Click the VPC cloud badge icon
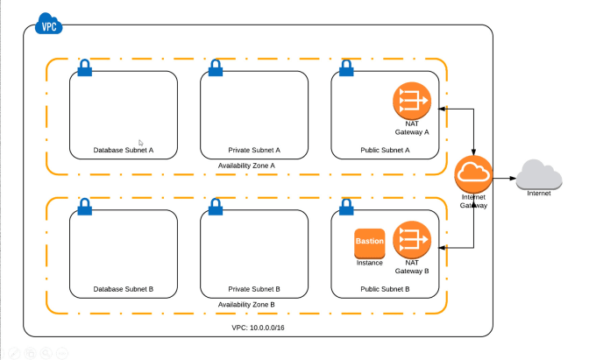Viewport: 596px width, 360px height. pyautogui.click(x=48, y=26)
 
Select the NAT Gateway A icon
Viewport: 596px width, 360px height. pyautogui.click(x=411, y=102)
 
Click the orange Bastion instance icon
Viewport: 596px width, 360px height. pyautogui.click(x=370, y=242)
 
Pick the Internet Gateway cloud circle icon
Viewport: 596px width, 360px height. pyautogui.click(x=473, y=174)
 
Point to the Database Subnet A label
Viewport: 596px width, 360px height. pyautogui.click(x=124, y=150)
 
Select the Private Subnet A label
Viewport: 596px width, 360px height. pyautogui.click(x=254, y=150)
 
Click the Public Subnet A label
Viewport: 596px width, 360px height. pyautogui.click(x=386, y=150)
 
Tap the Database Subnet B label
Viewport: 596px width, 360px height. pyautogui.click(x=124, y=288)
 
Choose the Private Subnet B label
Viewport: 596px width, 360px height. pyautogui.click(x=254, y=288)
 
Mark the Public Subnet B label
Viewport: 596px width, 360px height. pyautogui.click(x=386, y=288)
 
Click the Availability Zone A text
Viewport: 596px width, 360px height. pyautogui.click(x=246, y=165)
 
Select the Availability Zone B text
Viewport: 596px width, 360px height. pyautogui.click(x=246, y=304)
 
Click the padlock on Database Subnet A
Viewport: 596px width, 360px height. pyautogui.click(x=85, y=67)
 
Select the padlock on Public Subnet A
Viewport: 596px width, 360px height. pyautogui.click(x=346, y=67)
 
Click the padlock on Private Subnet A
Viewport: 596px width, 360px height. pyautogui.click(x=216, y=67)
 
